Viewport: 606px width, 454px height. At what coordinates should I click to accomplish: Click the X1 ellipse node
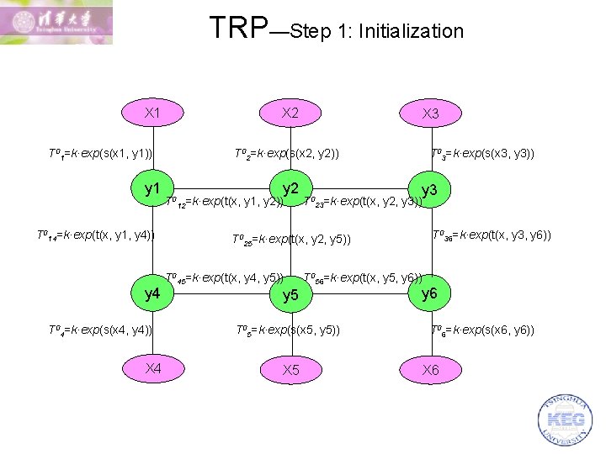point(153,113)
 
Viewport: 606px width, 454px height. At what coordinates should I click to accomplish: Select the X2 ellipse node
point(290,113)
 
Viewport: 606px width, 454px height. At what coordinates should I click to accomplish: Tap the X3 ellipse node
point(430,113)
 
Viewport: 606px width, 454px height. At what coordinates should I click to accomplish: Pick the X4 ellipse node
point(153,368)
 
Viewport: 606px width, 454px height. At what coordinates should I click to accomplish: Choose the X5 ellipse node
point(290,370)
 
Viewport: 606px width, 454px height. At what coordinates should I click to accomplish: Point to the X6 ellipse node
point(430,370)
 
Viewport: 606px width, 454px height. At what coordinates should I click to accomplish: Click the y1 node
point(153,189)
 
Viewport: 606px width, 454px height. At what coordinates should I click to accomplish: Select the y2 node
point(290,189)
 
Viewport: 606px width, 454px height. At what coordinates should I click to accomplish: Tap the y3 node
point(429,191)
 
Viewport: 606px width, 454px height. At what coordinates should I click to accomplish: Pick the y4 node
point(153,293)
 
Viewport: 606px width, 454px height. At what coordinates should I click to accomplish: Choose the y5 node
point(290,295)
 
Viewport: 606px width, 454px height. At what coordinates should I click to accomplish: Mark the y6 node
point(429,293)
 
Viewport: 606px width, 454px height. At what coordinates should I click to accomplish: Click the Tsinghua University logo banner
point(56,23)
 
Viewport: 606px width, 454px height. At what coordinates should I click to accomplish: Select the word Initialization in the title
point(411,32)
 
